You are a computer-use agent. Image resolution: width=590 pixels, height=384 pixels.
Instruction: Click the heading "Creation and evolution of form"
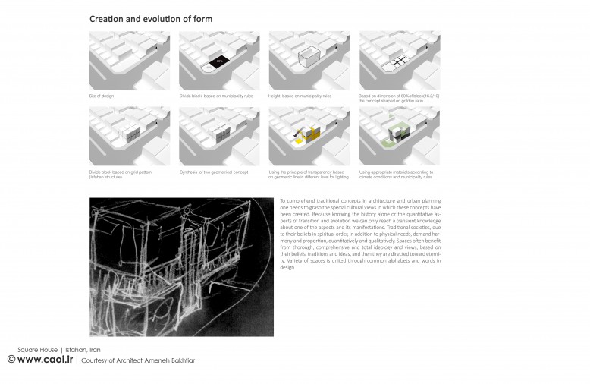tap(150, 18)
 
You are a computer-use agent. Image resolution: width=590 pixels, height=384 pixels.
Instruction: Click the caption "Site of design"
tap(102, 96)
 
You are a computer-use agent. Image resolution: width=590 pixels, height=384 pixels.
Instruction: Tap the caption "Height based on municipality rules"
tap(299, 96)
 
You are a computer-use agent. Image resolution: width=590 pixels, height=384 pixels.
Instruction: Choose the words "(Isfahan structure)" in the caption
tap(104, 177)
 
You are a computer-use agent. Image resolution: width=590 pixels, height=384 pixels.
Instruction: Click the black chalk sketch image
tap(181, 266)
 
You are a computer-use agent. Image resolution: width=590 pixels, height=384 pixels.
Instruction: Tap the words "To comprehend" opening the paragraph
tap(293, 200)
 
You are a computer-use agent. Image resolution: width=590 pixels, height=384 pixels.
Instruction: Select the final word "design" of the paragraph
tap(287, 268)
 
